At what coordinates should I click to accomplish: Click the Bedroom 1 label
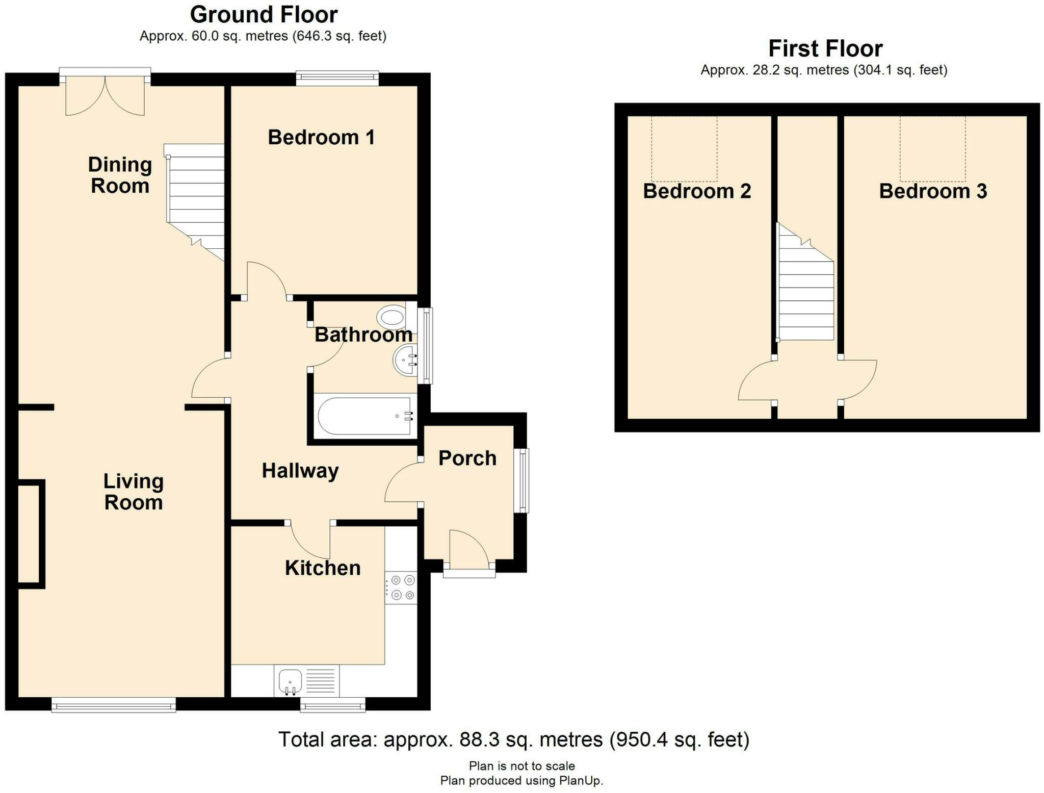click(321, 137)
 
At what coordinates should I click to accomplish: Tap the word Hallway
click(300, 470)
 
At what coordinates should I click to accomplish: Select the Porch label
click(467, 458)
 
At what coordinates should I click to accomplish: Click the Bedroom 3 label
click(933, 191)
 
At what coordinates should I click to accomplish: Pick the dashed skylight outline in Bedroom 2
click(684, 148)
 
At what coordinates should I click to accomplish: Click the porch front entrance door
click(468, 548)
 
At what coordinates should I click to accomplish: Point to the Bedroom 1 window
click(337, 77)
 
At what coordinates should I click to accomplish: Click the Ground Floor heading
click(264, 15)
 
